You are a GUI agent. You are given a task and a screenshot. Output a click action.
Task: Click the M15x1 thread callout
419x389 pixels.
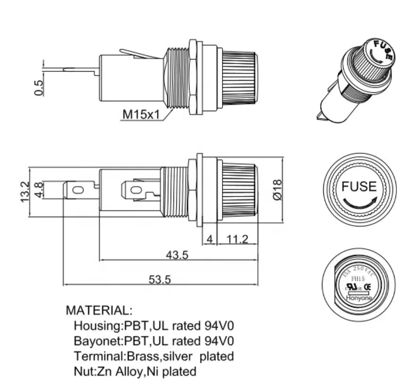[x=140, y=114]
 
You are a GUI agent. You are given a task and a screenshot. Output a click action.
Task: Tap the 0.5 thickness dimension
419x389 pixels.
[x=39, y=88]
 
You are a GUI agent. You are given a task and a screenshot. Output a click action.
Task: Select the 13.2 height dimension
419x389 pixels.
[x=25, y=191]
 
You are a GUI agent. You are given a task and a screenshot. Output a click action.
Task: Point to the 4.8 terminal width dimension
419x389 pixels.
[x=39, y=190]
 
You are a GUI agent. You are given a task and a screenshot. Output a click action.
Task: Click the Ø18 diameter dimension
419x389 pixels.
[x=278, y=190]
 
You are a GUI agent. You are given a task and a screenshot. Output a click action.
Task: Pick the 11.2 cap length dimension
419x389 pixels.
[x=237, y=239]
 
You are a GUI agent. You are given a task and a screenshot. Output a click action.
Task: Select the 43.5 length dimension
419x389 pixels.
[x=177, y=255]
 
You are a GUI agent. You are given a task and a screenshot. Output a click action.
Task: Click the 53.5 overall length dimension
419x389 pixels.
[x=160, y=280]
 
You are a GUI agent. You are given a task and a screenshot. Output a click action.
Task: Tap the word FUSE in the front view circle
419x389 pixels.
[x=359, y=186]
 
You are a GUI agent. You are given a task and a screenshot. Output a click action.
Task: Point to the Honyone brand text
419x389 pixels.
[x=359, y=298]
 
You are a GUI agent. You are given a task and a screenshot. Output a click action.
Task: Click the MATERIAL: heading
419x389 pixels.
[x=99, y=310]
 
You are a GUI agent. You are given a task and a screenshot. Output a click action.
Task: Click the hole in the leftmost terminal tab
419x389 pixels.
[x=78, y=190]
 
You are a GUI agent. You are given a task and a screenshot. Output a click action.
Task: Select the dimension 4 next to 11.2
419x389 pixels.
[x=210, y=239]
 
